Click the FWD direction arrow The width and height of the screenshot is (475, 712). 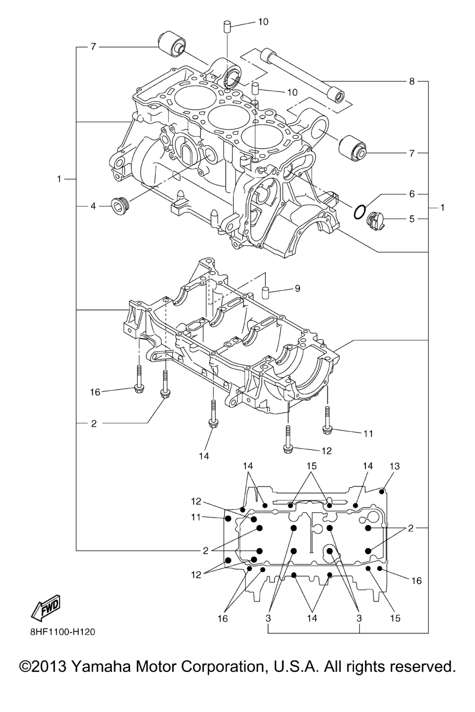pyautogui.click(x=45, y=608)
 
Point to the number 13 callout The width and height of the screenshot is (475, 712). pyautogui.click(x=394, y=466)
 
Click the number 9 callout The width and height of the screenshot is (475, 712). pyautogui.click(x=297, y=289)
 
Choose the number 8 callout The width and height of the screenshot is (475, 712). pyautogui.click(x=412, y=82)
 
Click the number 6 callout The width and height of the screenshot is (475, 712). pyautogui.click(x=412, y=194)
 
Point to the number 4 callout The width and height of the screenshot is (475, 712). pyautogui.click(x=93, y=206)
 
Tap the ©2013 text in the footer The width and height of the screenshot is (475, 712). pyautogui.click(x=45, y=667)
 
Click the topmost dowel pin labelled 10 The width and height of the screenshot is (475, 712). pyautogui.click(x=228, y=26)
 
